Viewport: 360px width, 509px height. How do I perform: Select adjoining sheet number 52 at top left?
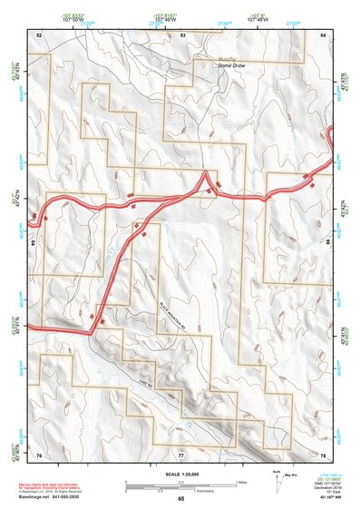tap(39, 34)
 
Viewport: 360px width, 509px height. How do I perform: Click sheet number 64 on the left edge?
tap(33, 243)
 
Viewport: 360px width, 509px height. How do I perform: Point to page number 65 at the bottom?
tap(181, 498)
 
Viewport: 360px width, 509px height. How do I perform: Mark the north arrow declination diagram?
tap(279, 477)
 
